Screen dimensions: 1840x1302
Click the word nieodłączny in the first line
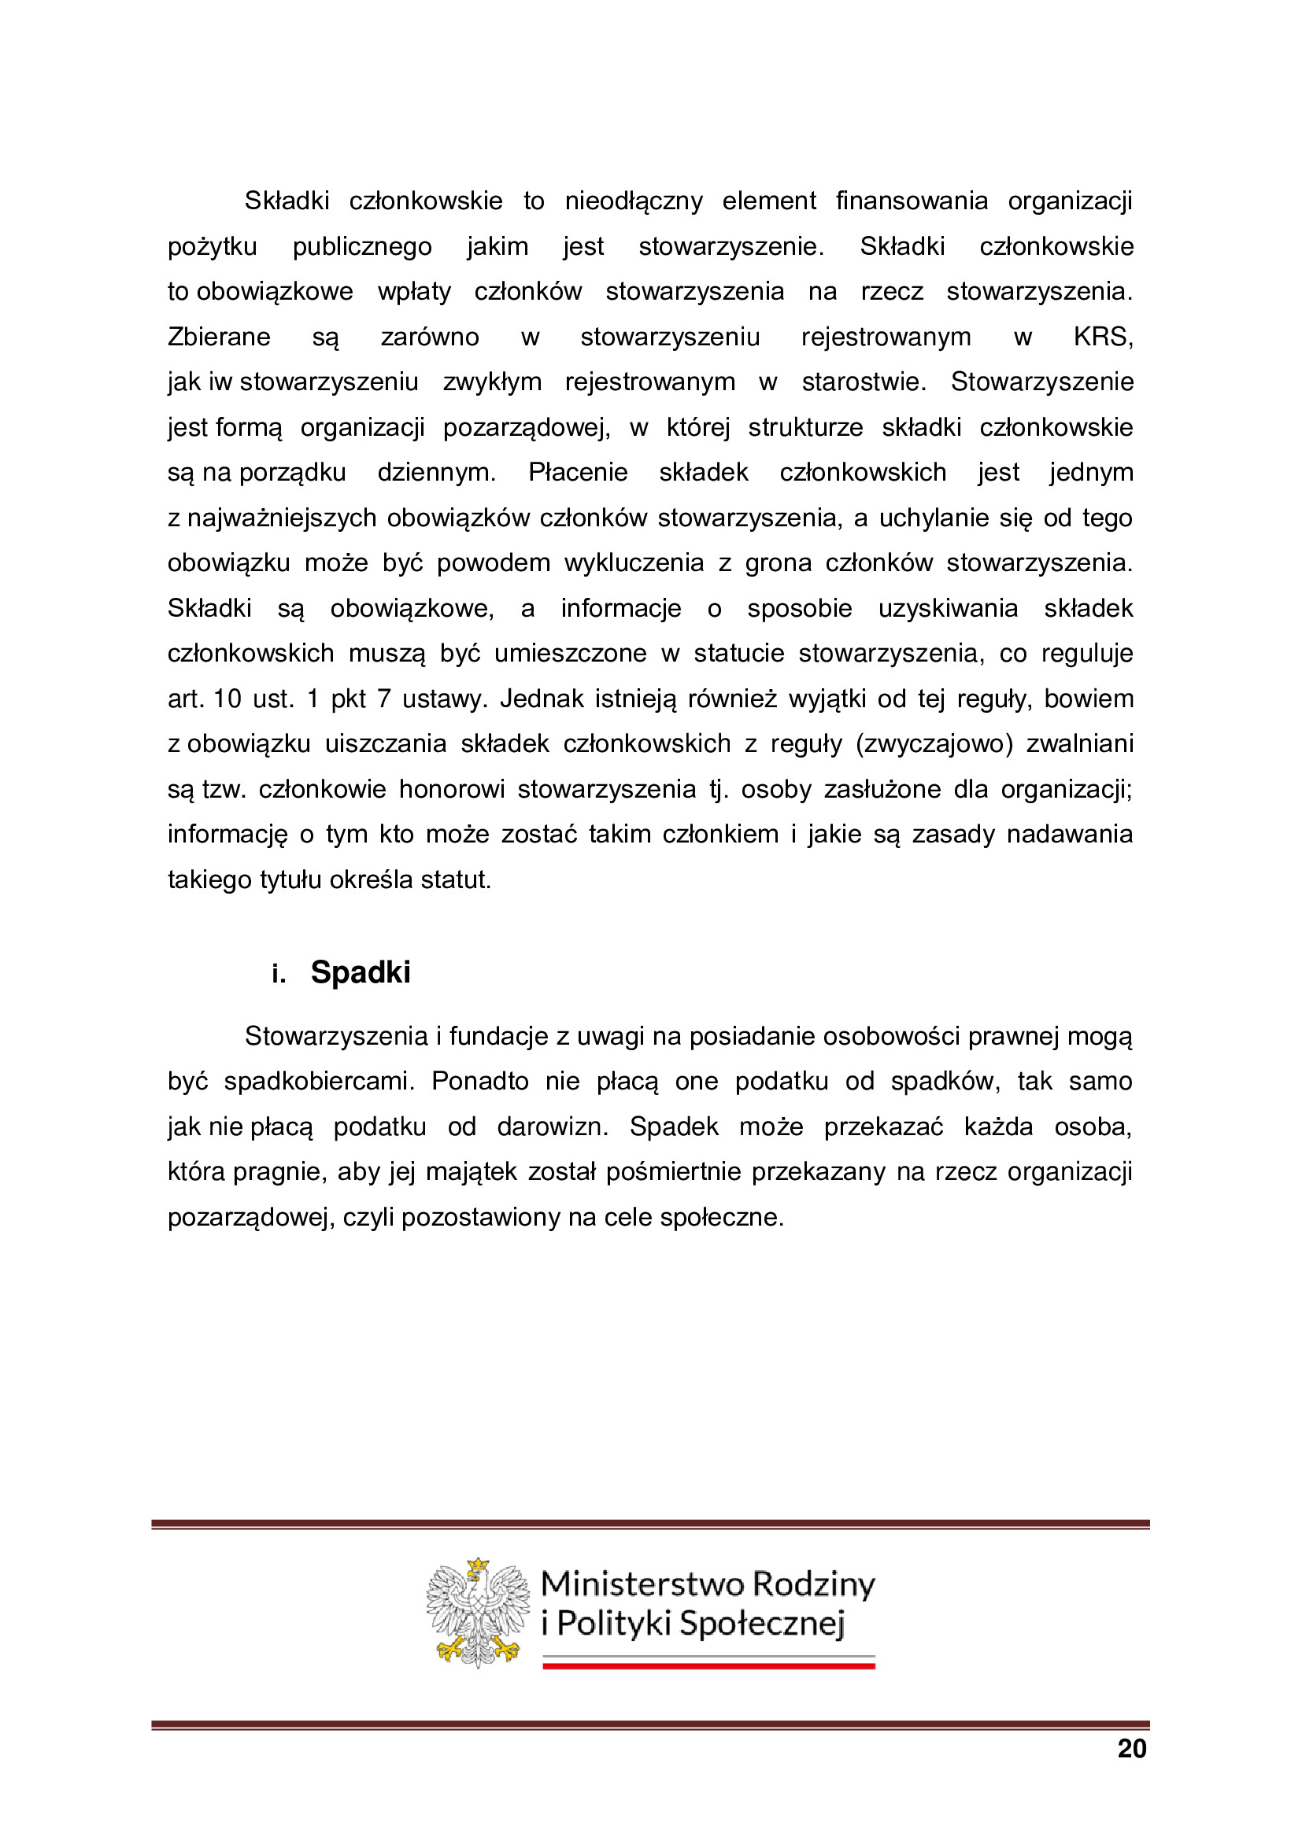[634, 201]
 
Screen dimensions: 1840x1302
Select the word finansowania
[912, 201]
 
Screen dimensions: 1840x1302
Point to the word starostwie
[864, 382]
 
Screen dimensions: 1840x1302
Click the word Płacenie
[577, 473]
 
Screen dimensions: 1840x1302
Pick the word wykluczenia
[634, 563]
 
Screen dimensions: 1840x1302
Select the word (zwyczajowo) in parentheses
[934, 744]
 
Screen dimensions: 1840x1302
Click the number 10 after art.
[227, 699]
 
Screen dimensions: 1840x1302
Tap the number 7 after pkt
[383, 699]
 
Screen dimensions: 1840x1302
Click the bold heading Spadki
[361, 972]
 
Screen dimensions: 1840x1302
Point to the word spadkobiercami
[318, 1082]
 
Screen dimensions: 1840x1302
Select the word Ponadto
[479, 1082]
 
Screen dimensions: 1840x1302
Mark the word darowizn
[553, 1127]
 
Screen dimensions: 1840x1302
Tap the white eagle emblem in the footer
[478, 1612]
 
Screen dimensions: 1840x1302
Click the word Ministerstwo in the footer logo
[641, 1584]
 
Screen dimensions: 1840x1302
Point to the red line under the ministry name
[708, 1665]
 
